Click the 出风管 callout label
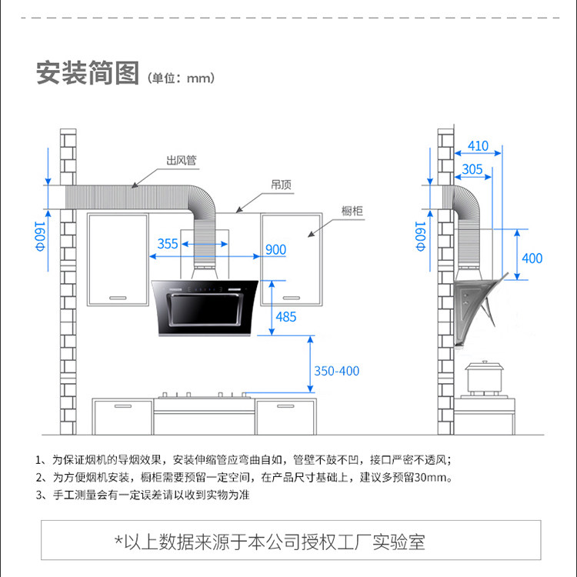coord(182,161)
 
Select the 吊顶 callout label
coord(280,185)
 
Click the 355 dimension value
coord(168,244)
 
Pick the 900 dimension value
coord(275,249)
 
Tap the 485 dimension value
coord(285,316)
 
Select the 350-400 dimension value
coord(336,371)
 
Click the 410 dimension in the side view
coord(478,145)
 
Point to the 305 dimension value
coord(472,169)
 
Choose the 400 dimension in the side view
coord(532,258)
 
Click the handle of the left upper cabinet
coord(117,297)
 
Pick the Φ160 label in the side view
coord(420,236)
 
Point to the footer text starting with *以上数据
coord(269,542)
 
